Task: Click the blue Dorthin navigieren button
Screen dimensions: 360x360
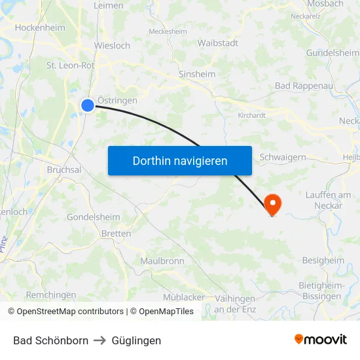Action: point(180,160)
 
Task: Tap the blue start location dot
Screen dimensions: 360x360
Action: point(88,105)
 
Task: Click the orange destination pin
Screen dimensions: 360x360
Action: point(272,204)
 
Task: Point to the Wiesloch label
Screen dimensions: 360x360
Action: point(112,46)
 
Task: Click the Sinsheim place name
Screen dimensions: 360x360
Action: point(197,75)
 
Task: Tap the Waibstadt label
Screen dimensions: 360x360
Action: point(218,43)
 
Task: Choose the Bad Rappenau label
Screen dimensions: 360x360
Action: point(304,86)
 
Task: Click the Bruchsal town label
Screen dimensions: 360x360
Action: point(63,170)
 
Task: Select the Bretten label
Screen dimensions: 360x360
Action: point(116,234)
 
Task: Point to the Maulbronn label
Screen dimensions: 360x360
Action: point(162,261)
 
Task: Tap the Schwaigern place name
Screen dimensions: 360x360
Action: point(283,157)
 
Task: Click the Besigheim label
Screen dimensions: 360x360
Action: point(323,261)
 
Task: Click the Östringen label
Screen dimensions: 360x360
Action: point(117,100)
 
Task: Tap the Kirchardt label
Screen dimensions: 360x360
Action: point(252,115)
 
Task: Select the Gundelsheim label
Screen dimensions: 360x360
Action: point(333,52)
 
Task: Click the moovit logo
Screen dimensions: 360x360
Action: point(321,339)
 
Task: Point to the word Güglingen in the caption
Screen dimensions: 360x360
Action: point(136,340)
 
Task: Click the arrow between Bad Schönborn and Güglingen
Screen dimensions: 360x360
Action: point(100,340)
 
